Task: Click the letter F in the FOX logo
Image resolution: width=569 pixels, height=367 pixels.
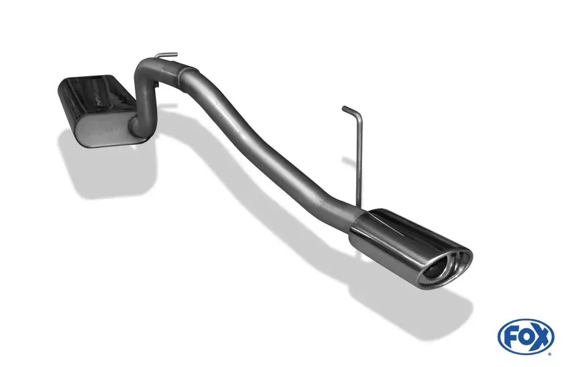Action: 512,337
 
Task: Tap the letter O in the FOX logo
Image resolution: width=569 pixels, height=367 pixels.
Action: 525,337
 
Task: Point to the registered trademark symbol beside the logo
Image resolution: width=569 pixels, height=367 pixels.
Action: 550,353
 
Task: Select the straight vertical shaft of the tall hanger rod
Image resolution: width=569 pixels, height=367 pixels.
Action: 360,160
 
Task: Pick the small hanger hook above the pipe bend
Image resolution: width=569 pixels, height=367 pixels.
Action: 166,55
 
